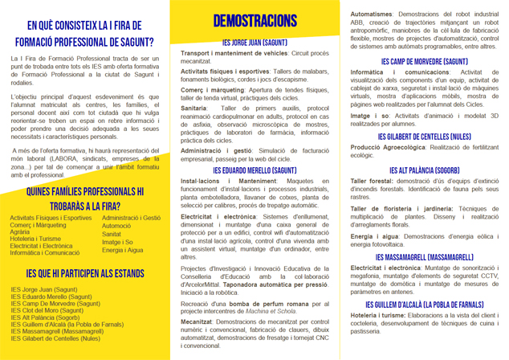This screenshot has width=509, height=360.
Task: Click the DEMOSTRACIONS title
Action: tap(254, 21)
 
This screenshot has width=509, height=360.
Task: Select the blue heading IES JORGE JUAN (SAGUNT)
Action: tap(254, 42)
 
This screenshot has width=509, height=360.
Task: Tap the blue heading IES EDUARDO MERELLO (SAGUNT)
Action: tap(254, 171)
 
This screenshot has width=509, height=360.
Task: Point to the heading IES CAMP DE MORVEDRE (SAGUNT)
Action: tap(424, 61)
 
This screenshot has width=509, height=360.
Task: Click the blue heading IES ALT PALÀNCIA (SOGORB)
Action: tap(424, 170)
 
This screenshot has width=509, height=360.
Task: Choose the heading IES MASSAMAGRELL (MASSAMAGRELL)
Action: tap(424, 257)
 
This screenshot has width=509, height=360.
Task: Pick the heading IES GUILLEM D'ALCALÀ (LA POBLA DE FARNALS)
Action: tap(424, 305)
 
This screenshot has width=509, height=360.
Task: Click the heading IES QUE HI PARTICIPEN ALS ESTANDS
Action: tap(85, 275)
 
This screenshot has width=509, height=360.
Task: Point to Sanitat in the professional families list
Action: tap(114, 234)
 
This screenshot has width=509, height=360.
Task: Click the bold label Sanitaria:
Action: tap(195, 107)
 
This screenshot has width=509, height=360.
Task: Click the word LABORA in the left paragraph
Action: tap(49, 159)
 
